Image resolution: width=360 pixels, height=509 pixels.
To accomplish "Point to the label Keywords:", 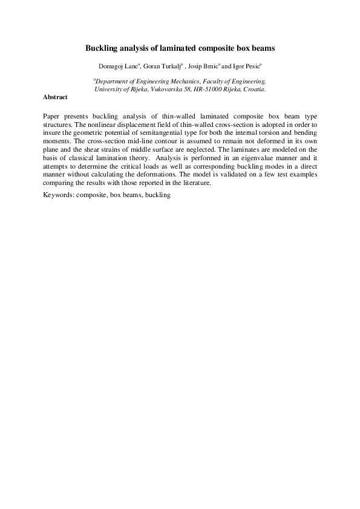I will tap(59, 196).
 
